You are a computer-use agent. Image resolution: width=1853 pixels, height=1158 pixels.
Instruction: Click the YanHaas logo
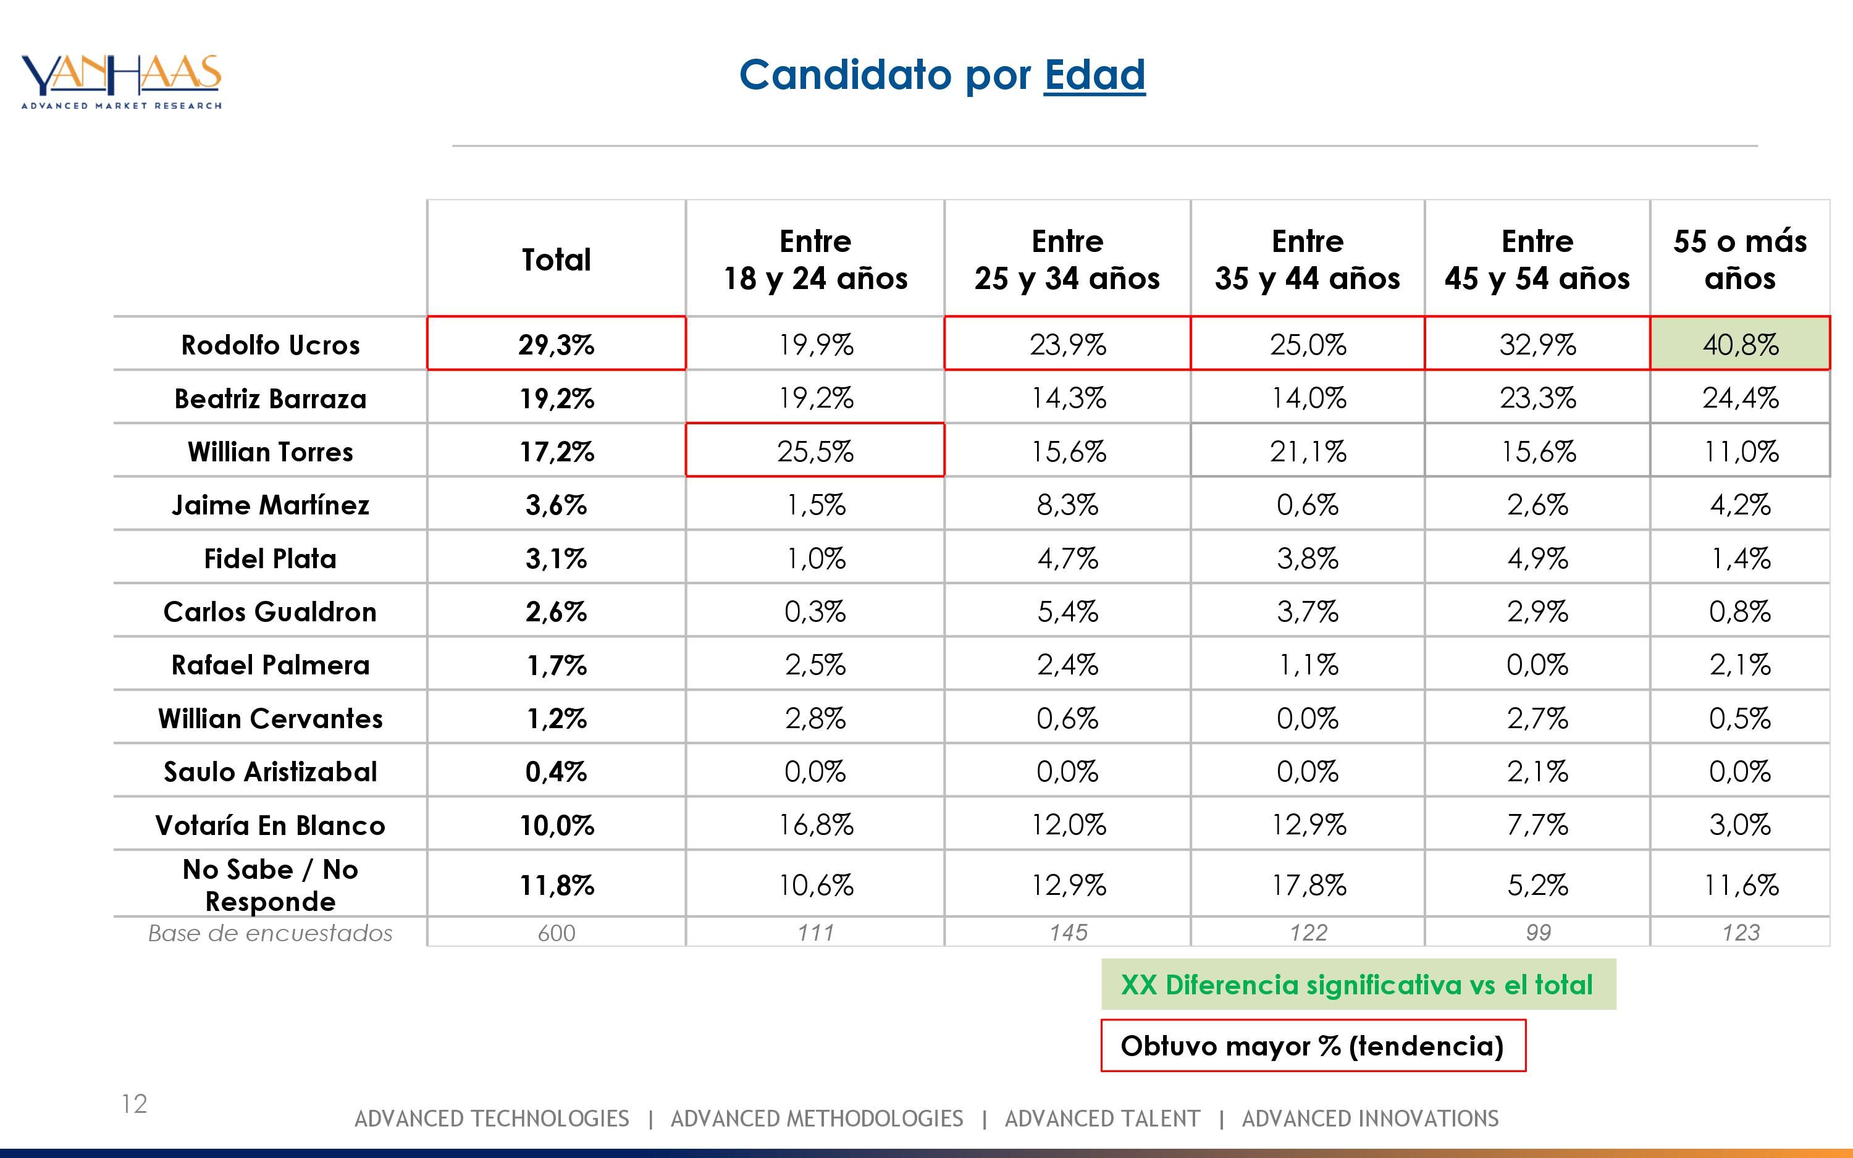pos(121,81)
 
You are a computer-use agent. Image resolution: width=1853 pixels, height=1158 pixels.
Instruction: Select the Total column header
pos(556,259)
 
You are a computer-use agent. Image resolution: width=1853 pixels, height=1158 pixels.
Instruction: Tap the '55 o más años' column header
pos(1740,259)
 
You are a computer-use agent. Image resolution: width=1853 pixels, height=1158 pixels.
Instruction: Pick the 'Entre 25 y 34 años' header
pos(1067,259)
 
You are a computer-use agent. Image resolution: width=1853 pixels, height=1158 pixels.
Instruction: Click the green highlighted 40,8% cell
pos(1740,344)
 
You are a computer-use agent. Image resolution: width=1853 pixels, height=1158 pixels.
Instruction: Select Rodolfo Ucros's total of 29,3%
pos(556,344)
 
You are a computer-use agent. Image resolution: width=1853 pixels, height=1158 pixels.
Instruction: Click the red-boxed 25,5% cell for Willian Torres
pos(815,450)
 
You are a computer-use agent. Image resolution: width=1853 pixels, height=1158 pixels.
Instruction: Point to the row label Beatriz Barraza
pos(271,398)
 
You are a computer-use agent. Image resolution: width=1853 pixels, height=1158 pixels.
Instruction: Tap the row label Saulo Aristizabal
pos(271,771)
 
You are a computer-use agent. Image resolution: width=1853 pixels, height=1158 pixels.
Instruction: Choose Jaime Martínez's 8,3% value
pos(1067,505)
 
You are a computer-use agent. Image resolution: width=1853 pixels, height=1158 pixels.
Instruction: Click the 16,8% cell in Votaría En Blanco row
pos(815,825)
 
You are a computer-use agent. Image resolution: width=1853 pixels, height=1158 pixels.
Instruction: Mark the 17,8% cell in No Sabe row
pos(1307,886)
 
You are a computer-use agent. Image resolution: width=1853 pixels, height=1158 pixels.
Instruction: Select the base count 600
pos(556,933)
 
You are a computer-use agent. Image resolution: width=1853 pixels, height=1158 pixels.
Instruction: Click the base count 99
pos(1537,933)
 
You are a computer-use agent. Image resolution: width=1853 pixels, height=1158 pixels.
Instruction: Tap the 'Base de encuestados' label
pos(271,933)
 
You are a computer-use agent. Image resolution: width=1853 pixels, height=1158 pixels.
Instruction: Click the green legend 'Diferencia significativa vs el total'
pos(1358,984)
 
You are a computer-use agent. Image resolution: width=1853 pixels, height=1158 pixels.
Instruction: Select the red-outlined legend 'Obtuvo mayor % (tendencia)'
pos(1313,1046)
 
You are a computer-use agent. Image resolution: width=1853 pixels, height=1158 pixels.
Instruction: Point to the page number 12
pos(134,1104)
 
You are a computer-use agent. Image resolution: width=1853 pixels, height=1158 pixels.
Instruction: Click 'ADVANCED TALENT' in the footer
pos(1102,1119)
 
